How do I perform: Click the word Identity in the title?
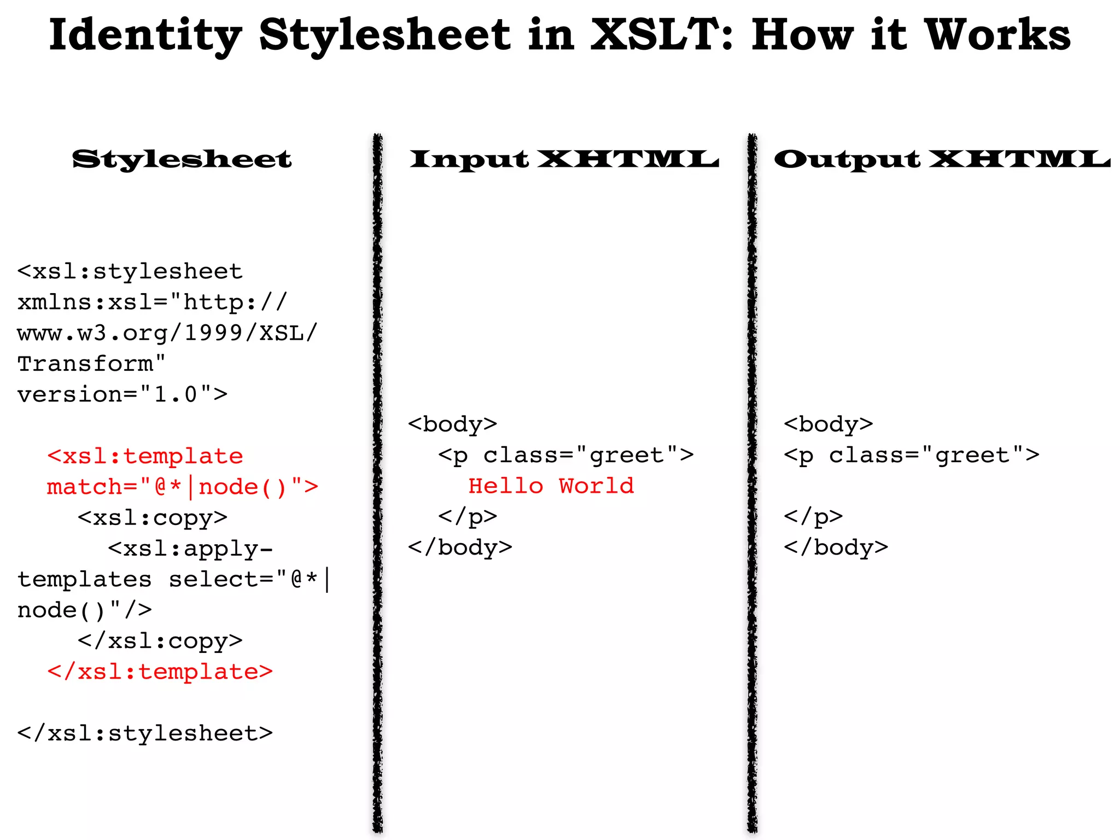click(x=145, y=35)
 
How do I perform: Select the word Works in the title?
click(x=997, y=35)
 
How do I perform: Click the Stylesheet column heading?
click(x=182, y=159)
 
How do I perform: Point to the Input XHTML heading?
click(x=564, y=159)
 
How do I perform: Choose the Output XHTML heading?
click(x=942, y=159)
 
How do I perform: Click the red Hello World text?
click(x=551, y=486)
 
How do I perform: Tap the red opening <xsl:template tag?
click(x=145, y=456)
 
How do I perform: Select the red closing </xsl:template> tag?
click(x=160, y=672)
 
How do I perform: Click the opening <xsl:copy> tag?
click(x=153, y=517)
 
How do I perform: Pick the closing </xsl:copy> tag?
click(x=160, y=640)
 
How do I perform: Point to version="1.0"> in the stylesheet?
click(x=122, y=394)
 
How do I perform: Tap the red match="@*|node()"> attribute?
click(x=182, y=487)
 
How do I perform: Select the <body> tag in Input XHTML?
click(x=452, y=424)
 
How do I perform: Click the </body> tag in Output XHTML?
click(x=836, y=547)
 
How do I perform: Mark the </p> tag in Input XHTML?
click(x=468, y=516)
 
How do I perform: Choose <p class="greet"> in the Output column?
click(x=911, y=455)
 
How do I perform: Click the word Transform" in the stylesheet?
click(x=91, y=364)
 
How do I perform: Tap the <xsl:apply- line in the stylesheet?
click(x=190, y=549)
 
